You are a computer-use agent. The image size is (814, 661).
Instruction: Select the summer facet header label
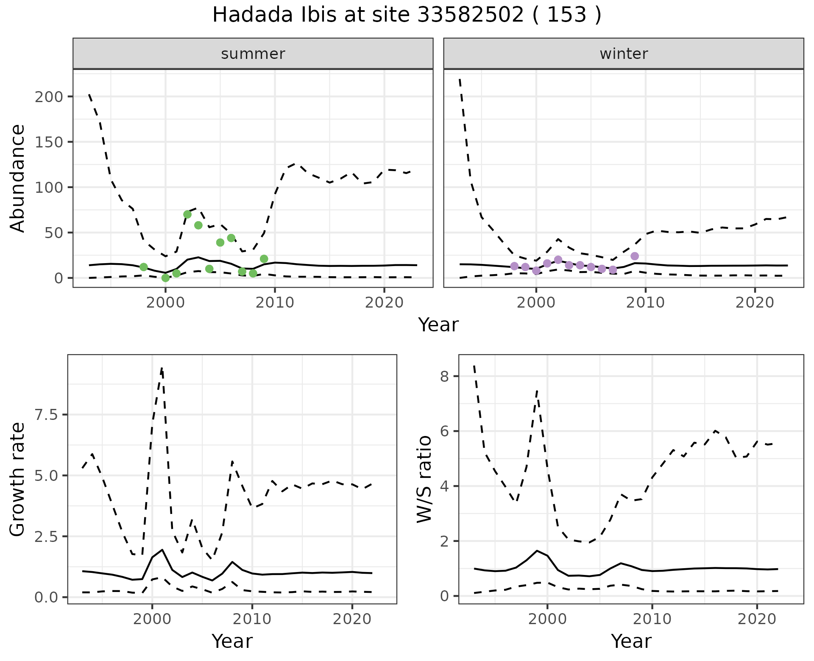253,54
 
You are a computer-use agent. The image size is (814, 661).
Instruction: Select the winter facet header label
624,54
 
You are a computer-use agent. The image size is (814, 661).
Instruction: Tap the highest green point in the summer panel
187,214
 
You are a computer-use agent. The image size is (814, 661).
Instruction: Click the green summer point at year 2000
166,278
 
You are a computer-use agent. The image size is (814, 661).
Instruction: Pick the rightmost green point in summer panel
264,259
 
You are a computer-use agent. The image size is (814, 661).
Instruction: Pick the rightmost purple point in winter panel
635,256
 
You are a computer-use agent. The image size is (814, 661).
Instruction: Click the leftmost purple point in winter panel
514,266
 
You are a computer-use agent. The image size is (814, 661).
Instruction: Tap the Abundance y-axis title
18,178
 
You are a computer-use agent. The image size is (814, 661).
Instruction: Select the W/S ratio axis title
424,479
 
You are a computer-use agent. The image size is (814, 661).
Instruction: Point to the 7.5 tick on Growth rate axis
46,415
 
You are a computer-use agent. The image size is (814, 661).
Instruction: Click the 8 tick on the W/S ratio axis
445,376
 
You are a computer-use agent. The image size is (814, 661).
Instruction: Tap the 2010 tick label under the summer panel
275,303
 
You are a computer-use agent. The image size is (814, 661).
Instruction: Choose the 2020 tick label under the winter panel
755,303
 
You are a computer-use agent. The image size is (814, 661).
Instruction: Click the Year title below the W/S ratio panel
631,642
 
